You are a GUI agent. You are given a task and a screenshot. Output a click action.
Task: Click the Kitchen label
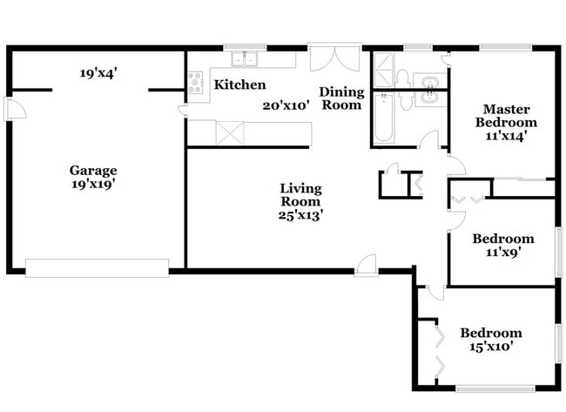click(x=240, y=84)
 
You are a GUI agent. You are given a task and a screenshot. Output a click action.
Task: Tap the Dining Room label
click(x=341, y=98)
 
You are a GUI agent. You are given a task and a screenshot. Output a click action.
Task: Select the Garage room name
click(x=93, y=170)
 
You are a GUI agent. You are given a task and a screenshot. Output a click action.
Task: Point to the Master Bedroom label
click(x=506, y=116)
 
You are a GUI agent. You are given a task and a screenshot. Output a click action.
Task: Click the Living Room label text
click(x=300, y=195)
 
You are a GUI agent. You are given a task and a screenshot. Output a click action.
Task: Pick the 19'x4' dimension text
click(x=98, y=73)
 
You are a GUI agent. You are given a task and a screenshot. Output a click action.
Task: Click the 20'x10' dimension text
click(x=286, y=105)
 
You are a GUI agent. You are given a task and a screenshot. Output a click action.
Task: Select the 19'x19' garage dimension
click(x=93, y=184)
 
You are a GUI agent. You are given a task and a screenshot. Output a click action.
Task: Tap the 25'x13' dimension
click(x=300, y=215)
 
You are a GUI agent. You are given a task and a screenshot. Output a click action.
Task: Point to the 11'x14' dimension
click(x=506, y=136)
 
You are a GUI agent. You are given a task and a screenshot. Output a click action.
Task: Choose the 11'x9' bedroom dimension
click(x=502, y=252)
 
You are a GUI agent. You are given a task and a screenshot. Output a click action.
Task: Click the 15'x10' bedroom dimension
click(x=491, y=347)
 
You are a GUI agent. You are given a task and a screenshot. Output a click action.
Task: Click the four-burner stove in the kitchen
click(x=195, y=83)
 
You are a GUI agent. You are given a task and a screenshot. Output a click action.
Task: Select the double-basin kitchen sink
click(x=245, y=59)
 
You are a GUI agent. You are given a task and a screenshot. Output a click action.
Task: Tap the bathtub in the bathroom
click(x=383, y=118)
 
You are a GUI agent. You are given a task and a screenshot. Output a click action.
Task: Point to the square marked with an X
click(x=230, y=133)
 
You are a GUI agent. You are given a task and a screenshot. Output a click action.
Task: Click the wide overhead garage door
click(x=98, y=268)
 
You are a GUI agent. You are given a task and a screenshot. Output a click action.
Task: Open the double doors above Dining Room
click(x=334, y=57)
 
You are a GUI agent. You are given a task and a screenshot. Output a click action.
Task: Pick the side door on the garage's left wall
click(x=15, y=108)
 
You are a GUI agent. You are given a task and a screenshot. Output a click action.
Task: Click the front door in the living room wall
click(x=366, y=266)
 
